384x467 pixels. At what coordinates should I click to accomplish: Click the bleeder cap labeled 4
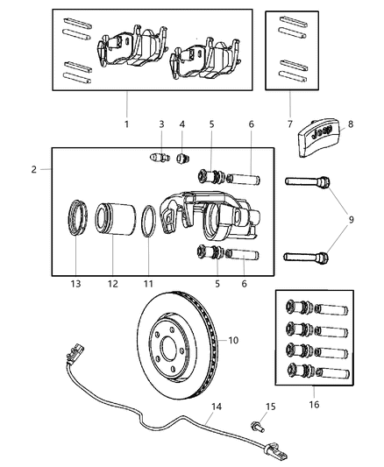183,159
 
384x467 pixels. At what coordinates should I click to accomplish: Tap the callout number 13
75,285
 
